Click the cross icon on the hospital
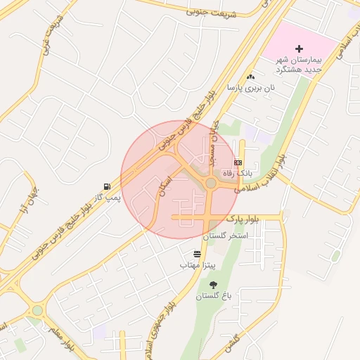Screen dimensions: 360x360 pos(300,49)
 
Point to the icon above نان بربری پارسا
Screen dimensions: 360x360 pos(250,76)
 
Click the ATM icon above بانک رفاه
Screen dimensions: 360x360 pos(237,162)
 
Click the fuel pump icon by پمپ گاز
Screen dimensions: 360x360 pos(106,186)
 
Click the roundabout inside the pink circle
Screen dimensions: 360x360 pos(210,184)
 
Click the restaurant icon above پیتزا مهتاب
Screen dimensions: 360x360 pos(195,253)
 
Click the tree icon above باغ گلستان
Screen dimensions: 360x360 pos(213,284)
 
